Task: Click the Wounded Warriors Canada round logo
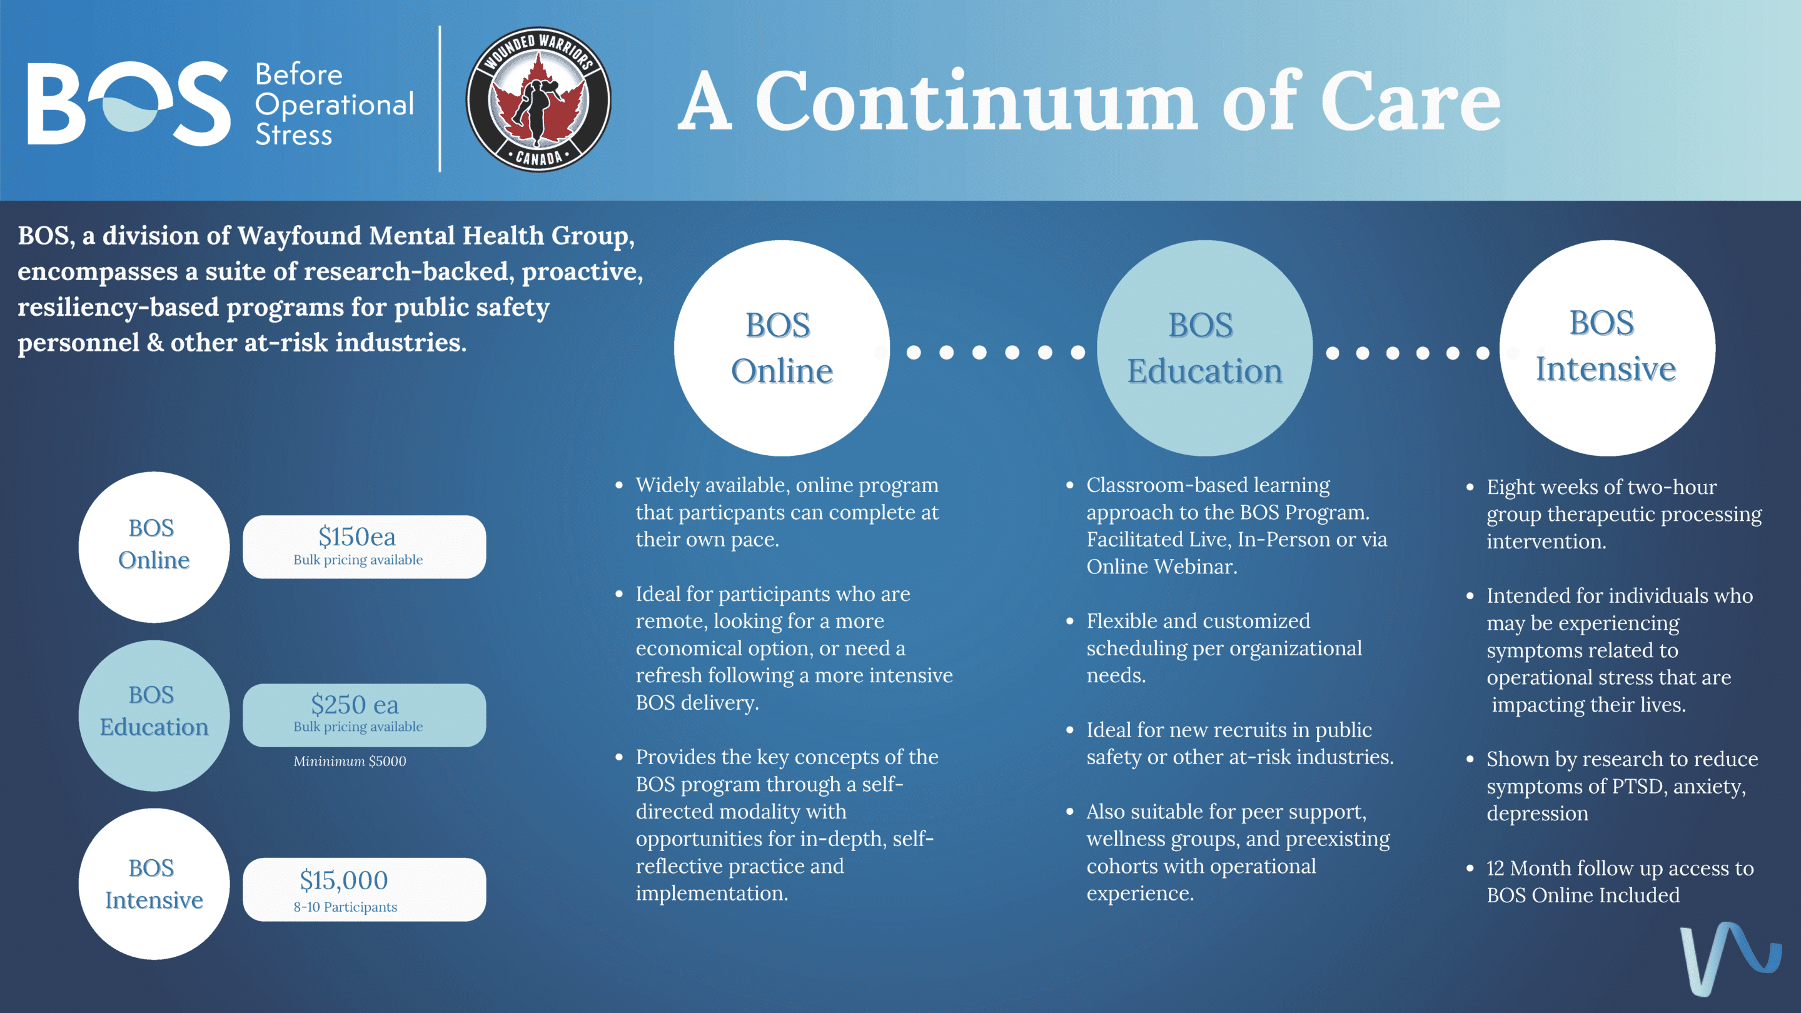(538, 99)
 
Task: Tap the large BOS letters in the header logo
(129, 103)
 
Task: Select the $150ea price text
(356, 537)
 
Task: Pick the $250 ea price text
(355, 704)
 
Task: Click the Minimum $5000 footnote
(350, 762)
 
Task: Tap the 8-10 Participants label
(345, 907)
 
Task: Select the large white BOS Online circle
(782, 348)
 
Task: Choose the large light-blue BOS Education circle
(1204, 348)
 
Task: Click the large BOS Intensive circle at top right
(1607, 348)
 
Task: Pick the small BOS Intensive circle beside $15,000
(154, 884)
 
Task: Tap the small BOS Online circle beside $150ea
(154, 547)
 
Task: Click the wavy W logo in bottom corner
(1728, 959)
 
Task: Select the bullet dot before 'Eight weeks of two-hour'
(1470, 487)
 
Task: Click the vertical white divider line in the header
(440, 99)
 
